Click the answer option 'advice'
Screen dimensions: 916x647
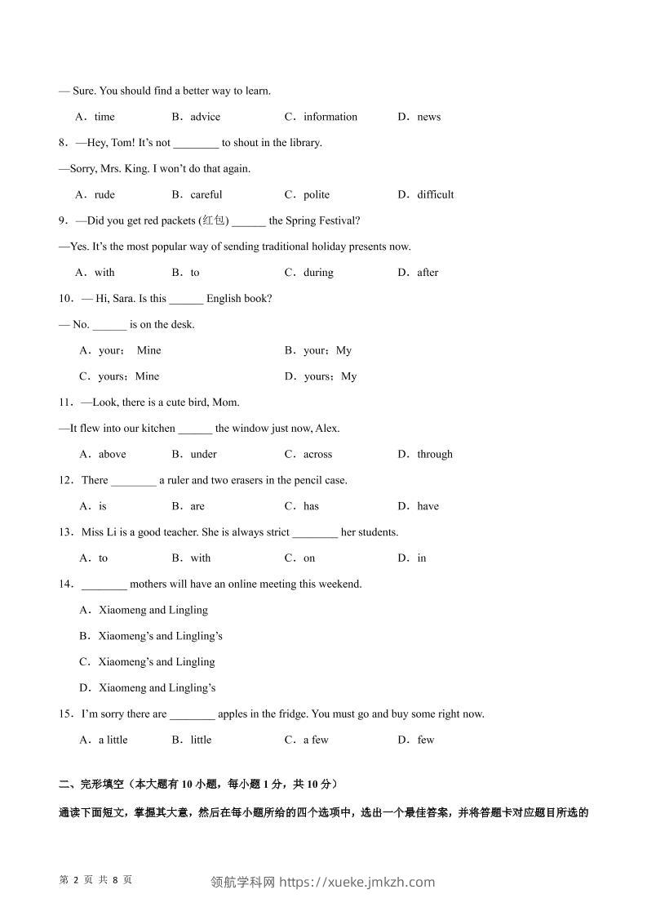205,117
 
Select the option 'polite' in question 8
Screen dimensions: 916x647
317,194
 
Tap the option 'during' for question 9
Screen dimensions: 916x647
318,273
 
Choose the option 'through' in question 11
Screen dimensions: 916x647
434,454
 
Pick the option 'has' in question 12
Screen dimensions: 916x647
311,506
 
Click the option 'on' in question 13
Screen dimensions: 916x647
309,558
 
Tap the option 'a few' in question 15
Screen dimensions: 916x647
316,740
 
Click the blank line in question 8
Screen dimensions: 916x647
196,144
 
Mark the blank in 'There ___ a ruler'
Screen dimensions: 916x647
133,481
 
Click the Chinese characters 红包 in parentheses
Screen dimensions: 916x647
215,220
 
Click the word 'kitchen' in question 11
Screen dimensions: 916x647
158,429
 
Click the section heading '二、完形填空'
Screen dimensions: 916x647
91,785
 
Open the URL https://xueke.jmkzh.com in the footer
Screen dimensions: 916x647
357,882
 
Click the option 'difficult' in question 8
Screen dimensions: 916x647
435,194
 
